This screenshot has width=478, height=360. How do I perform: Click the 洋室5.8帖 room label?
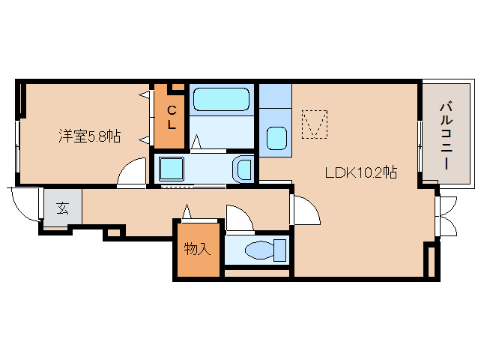[90, 136]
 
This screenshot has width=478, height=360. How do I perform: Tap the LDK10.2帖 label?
[361, 172]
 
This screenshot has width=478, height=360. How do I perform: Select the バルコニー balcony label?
[446, 136]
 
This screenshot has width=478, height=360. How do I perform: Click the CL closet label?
[172, 118]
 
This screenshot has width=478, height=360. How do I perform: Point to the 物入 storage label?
[197, 249]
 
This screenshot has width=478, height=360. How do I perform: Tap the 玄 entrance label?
[62, 208]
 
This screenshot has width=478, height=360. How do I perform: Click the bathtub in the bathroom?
[221, 99]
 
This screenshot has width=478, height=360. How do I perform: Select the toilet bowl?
[259, 250]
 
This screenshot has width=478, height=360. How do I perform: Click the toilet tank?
[280, 250]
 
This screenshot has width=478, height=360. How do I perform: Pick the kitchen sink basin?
[276, 138]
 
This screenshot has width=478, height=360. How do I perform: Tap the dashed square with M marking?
[315, 124]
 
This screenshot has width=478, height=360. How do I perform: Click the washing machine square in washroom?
[172, 169]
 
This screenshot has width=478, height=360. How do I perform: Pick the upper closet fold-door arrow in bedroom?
[145, 95]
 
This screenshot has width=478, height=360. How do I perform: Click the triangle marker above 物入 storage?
[187, 211]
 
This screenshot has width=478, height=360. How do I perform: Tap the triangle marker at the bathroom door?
[196, 142]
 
